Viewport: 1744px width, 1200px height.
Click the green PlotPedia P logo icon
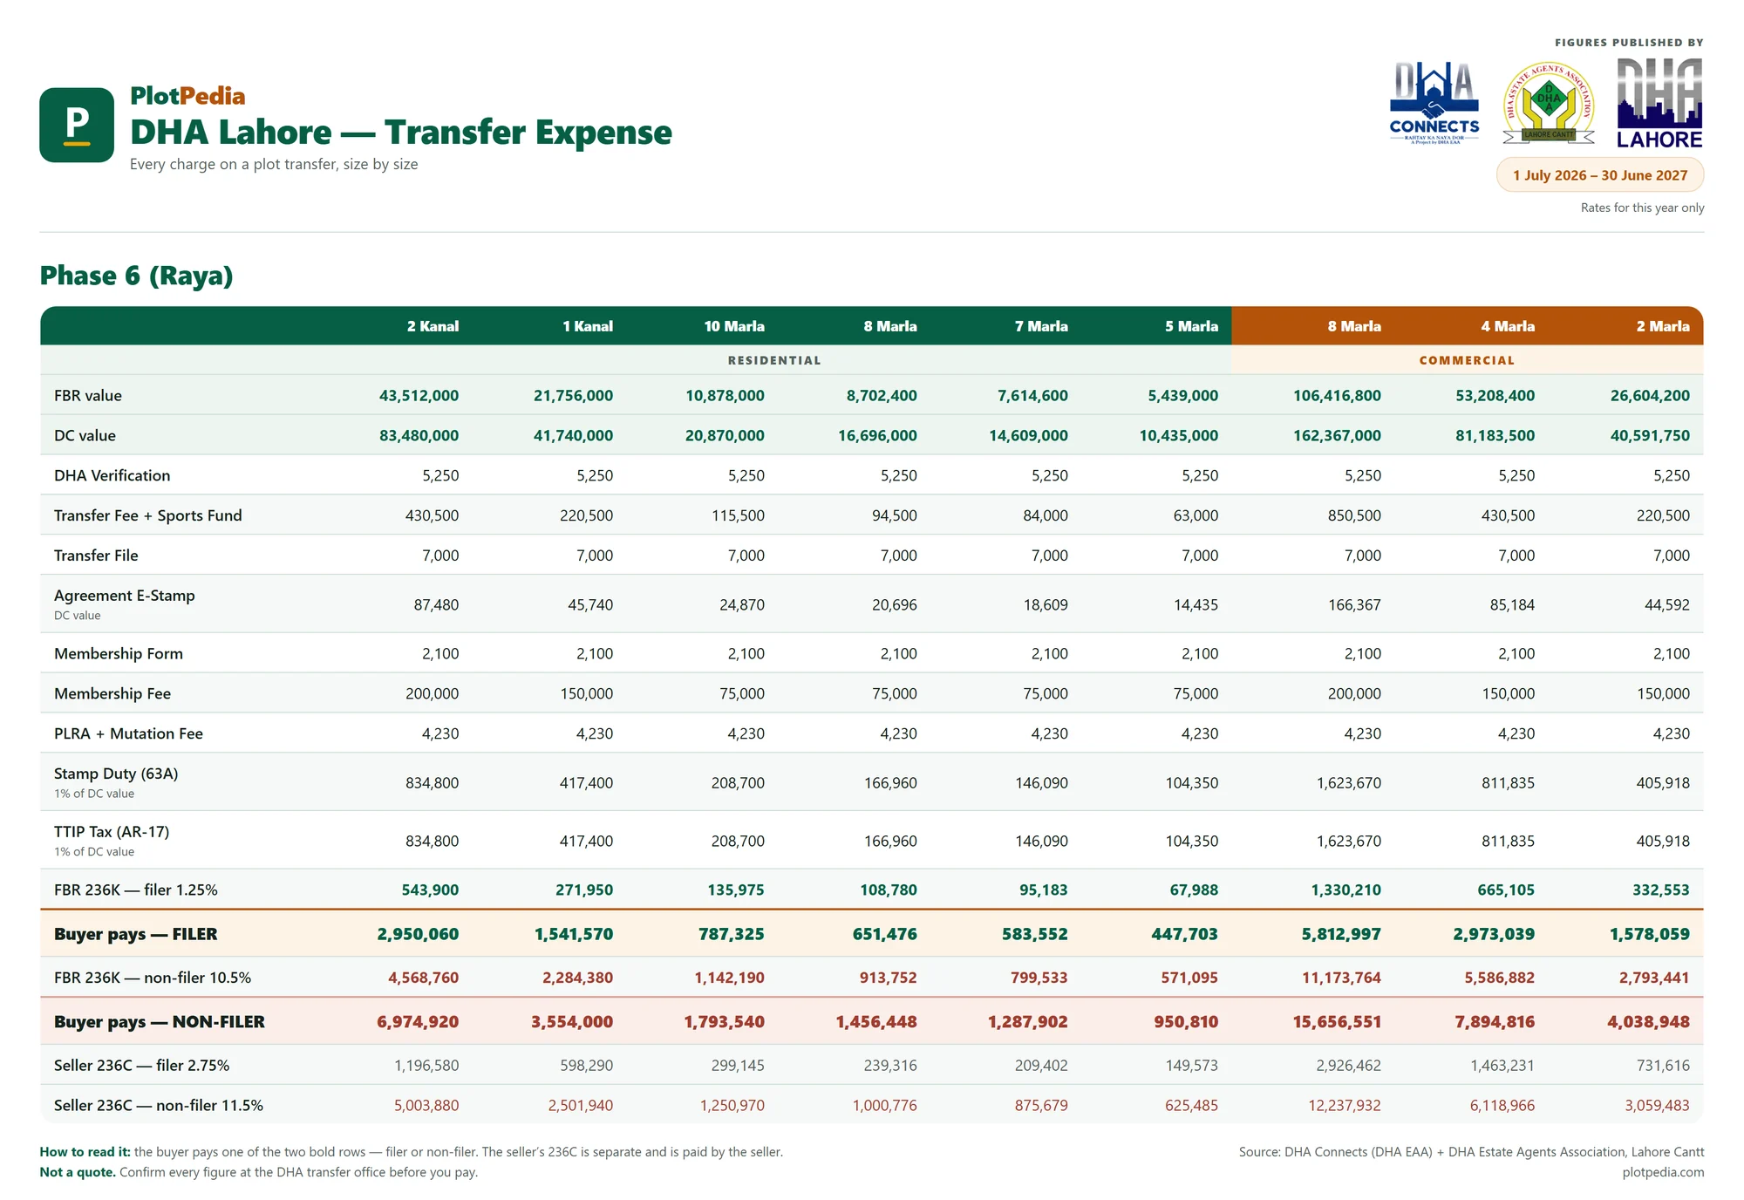click(x=77, y=125)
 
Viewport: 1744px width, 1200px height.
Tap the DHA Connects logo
click(x=1434, y=102)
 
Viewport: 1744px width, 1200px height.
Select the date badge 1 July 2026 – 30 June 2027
click(x=1600, y=175)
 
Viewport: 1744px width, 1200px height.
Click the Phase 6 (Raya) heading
click(x=137, y=276)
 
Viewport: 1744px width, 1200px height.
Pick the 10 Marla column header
click(x=734, y=326)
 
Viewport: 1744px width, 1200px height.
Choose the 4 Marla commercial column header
click(x=1508, y=326)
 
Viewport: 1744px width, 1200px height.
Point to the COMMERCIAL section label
click(x=1467, y=360)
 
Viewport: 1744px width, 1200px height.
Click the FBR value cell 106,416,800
click(x=1337, y=395)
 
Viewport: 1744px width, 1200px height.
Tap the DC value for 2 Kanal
click(x=419, y=435)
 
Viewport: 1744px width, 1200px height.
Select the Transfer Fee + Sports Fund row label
click(x=148, y=515)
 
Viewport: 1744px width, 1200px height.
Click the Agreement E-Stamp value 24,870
click(x=742, y=604)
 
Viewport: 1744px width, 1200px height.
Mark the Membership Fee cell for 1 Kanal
click(x=587, y=693)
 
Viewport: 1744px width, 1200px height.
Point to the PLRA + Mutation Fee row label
click(x=128, y=733)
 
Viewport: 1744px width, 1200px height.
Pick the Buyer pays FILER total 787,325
click(x=731, y=934)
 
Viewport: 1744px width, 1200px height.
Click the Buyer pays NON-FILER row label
click(x=160, y=1022)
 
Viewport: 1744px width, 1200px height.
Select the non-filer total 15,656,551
click(x=1337, y=1022)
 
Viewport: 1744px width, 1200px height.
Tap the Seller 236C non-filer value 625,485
click(x=1191, y=1105)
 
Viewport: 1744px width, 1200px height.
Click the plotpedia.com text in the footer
click(x=1663, y=1172)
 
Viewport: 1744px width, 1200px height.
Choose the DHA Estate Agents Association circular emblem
click(x=1549, y=103)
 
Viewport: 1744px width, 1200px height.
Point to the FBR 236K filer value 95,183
click(x=1043, y=890)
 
